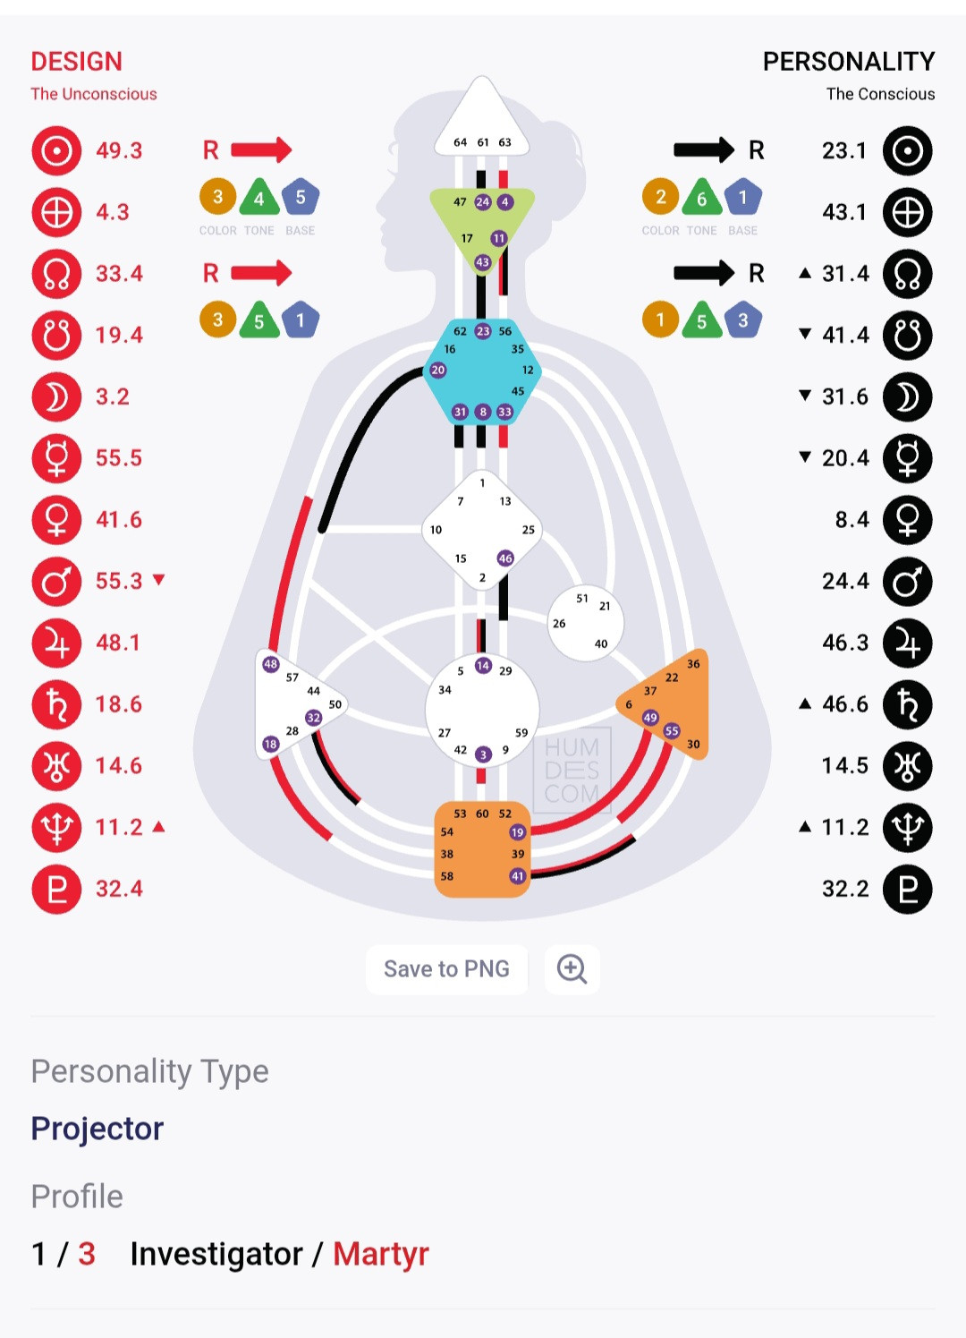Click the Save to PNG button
pos(446,969)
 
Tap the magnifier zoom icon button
pos(572,969)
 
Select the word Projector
pos(97,1129)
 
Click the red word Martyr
pos(381,1254)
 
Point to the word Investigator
pos(216,1254)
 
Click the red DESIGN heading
pos(77,62)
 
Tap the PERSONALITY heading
pos(848,62)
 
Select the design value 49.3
pos(119,150)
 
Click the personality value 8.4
pos(852,520)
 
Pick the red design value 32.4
pos(119,889)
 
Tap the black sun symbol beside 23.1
pos(907,150)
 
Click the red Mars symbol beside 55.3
pos(56,582)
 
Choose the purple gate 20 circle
pos(438,370)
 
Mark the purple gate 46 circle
pos(505,558)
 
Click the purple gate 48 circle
pos(271,664)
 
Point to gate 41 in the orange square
pos(517,876)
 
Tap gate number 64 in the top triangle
pos(460,142)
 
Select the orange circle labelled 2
pos(660,197)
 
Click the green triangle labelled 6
pos(702,199)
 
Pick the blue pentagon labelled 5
pos(301,197)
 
